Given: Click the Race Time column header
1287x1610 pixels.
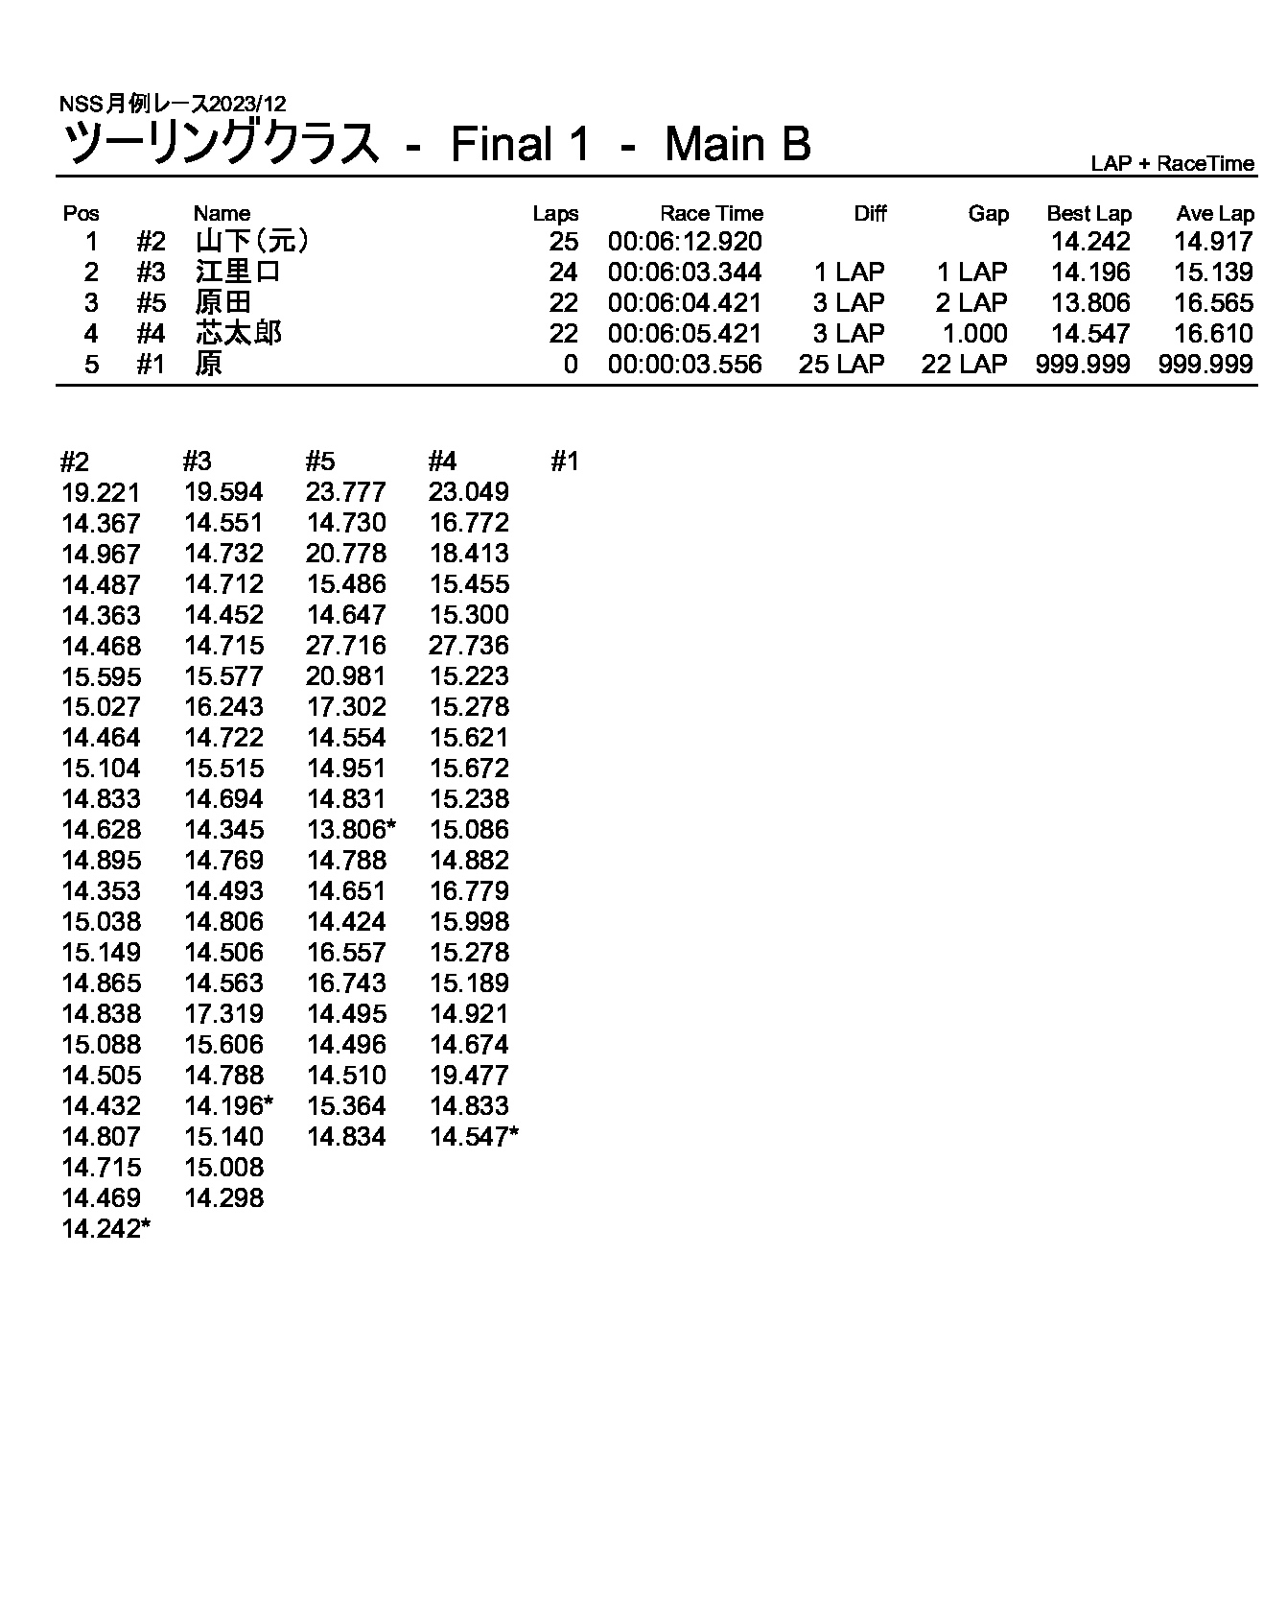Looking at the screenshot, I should [711, 214].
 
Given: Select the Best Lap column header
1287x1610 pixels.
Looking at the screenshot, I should [1088, 214].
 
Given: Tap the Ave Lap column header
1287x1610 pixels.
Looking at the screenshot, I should [1214, 214].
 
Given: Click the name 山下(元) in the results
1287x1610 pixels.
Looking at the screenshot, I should [251, 242].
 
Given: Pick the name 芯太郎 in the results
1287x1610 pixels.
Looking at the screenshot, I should [238, 334].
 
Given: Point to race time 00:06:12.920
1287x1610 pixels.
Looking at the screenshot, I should [685, 242].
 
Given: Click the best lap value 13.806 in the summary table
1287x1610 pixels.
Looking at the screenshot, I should [1090, 303].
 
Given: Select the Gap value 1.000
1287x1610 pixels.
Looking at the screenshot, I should [975, 334].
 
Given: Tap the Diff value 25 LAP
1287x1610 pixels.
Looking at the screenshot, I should [841, 365].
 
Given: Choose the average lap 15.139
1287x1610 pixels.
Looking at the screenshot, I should [1213, 272].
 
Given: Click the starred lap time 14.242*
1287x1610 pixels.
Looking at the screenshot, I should [105, 1229].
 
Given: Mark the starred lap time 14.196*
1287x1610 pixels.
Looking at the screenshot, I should [228, 1106].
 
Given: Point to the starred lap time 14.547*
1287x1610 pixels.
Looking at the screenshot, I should [474, 1137].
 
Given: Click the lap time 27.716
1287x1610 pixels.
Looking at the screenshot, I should [346, 646].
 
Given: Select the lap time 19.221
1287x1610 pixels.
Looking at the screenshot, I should [101, 493].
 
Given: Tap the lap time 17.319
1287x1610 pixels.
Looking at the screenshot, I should [223, 1014].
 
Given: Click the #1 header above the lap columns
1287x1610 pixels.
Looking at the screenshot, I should [565, 462].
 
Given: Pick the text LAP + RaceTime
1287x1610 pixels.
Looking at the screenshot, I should [1172, 163].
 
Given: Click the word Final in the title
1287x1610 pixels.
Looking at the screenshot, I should [502, 145].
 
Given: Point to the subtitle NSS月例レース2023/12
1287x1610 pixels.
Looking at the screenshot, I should [173, 104].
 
